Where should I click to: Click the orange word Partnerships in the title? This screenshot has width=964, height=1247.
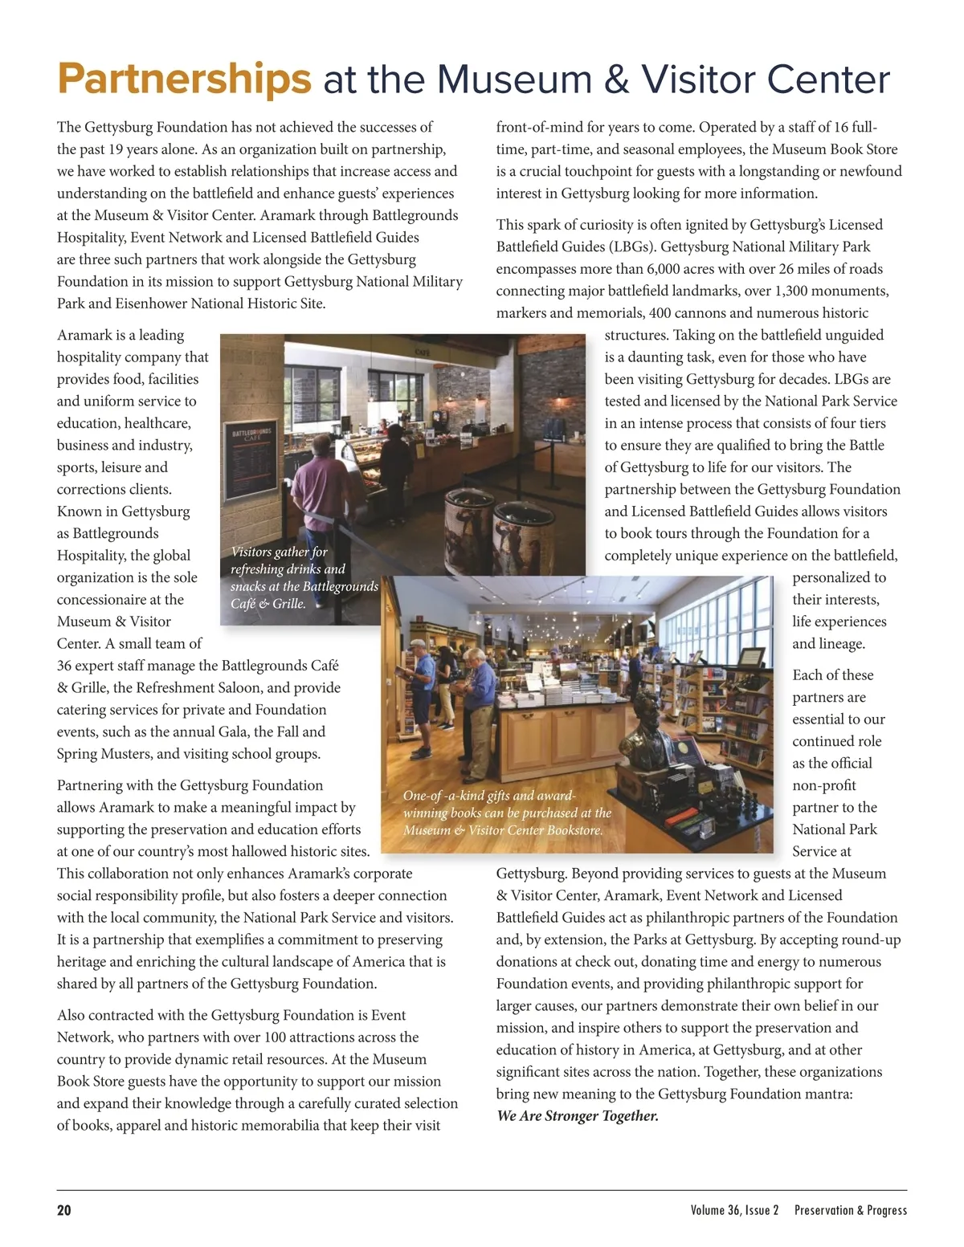(184, 79)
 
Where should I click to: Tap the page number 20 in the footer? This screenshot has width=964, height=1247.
(63, 1210)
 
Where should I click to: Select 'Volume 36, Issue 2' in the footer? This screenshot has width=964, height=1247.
(734, 1210)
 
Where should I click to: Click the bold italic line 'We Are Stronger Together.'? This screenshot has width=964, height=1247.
(578, 1116)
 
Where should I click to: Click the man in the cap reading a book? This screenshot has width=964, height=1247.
(419, 691)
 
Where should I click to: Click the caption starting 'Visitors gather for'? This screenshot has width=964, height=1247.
(303, 577)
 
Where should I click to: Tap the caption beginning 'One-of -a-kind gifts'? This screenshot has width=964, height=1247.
(507, 813)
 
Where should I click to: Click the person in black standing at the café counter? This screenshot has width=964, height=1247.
(396, 462)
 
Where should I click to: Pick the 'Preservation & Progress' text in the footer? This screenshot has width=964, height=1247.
(850, 1210)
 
